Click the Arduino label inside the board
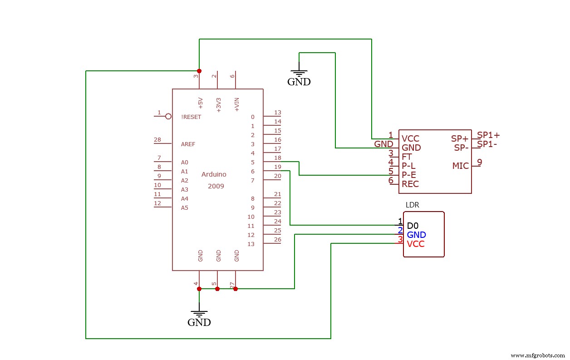click(214, 174)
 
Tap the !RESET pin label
click(191, 117)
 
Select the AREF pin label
click(188, 144)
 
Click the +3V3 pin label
click(218, 104)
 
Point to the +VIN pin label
click(236, 104)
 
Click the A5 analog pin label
click(184, 207)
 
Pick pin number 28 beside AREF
click(157, 139)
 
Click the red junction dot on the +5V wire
click(199, 71)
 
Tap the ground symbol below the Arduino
click(199, 314)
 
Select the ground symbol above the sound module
click(299, 73)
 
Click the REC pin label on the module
click(410, 184)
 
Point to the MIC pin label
click(460, 166)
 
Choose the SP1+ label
click(488, 135)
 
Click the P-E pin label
click(409, 175)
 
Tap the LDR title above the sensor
click(412, 205)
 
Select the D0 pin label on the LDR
click(413, 226)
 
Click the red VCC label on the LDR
click(416, 244)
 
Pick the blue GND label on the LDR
click(416, 235)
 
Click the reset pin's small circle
click(168, 116)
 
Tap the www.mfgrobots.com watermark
click(537, 355)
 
